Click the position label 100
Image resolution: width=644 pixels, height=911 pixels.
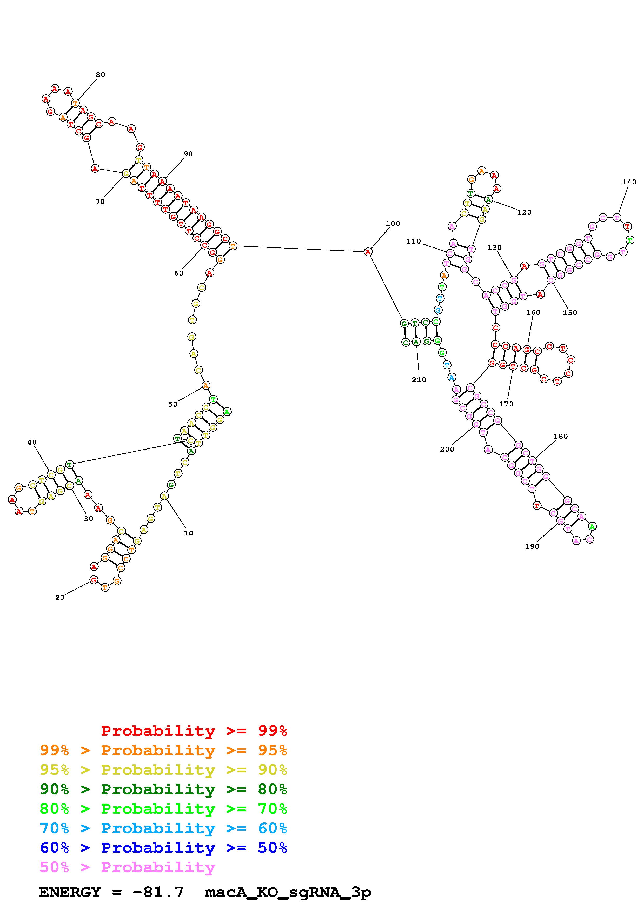pos(393,223)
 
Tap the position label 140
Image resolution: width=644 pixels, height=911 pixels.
pos(629,182)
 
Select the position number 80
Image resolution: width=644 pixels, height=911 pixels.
pos(100,75)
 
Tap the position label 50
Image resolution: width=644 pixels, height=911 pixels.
pos(172,404)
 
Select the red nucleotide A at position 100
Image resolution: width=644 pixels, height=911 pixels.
pos(368,252)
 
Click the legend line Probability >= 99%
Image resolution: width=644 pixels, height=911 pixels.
pos(194,731)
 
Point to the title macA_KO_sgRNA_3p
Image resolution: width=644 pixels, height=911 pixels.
pos(287,892)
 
